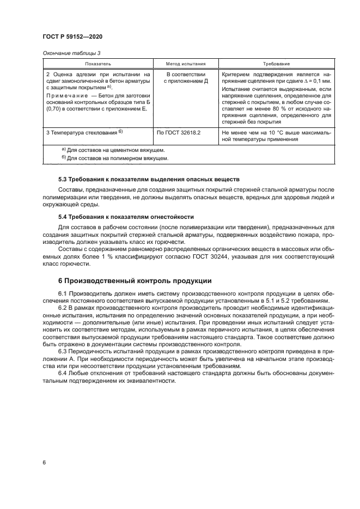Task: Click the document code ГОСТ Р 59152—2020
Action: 72,36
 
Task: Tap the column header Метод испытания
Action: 186,64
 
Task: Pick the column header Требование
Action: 276,64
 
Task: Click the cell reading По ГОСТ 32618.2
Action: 179,132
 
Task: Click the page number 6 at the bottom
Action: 44,462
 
